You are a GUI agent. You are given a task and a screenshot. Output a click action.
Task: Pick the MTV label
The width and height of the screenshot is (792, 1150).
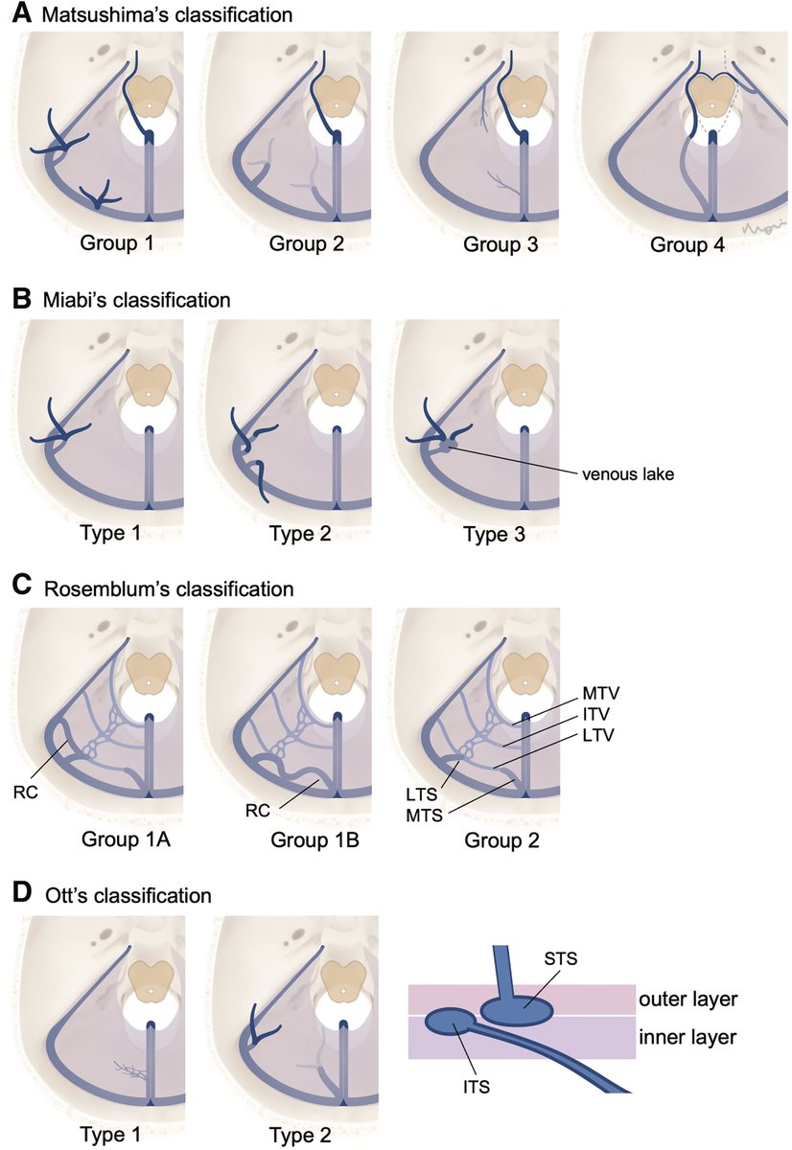tap(601, 692)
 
